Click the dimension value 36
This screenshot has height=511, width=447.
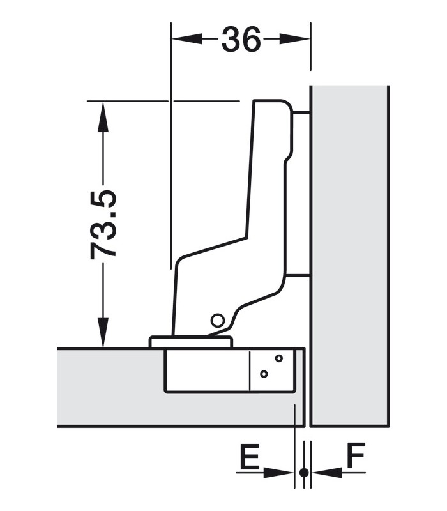pyautogui.click(x=241, y=39)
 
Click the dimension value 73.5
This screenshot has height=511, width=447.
pyautogui.click(x=103, y=225)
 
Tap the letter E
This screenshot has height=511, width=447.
pyautogui.click(x=249, y=455)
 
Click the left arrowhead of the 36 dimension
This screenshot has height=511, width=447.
pyautogui.click(x=186, y=39)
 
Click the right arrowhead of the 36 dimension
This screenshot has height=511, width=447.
pyautogui.click(x=294, y=39)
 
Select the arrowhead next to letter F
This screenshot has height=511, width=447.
pyautogui.click(x=327, y=472)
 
